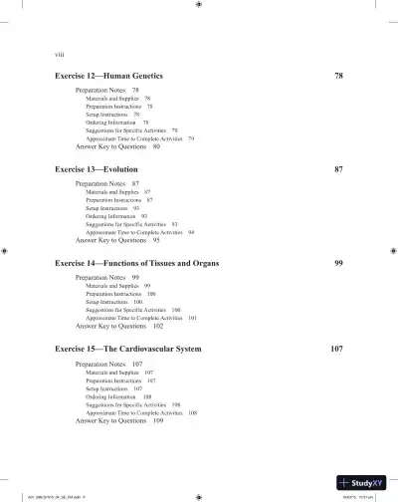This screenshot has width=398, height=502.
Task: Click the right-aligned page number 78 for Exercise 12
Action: pos(338,76)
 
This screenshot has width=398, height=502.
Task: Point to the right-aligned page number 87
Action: pos(338,169)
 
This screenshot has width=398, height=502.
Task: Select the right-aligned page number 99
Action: pos(338,262)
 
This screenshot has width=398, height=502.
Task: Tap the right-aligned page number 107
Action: pos(336,351)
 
